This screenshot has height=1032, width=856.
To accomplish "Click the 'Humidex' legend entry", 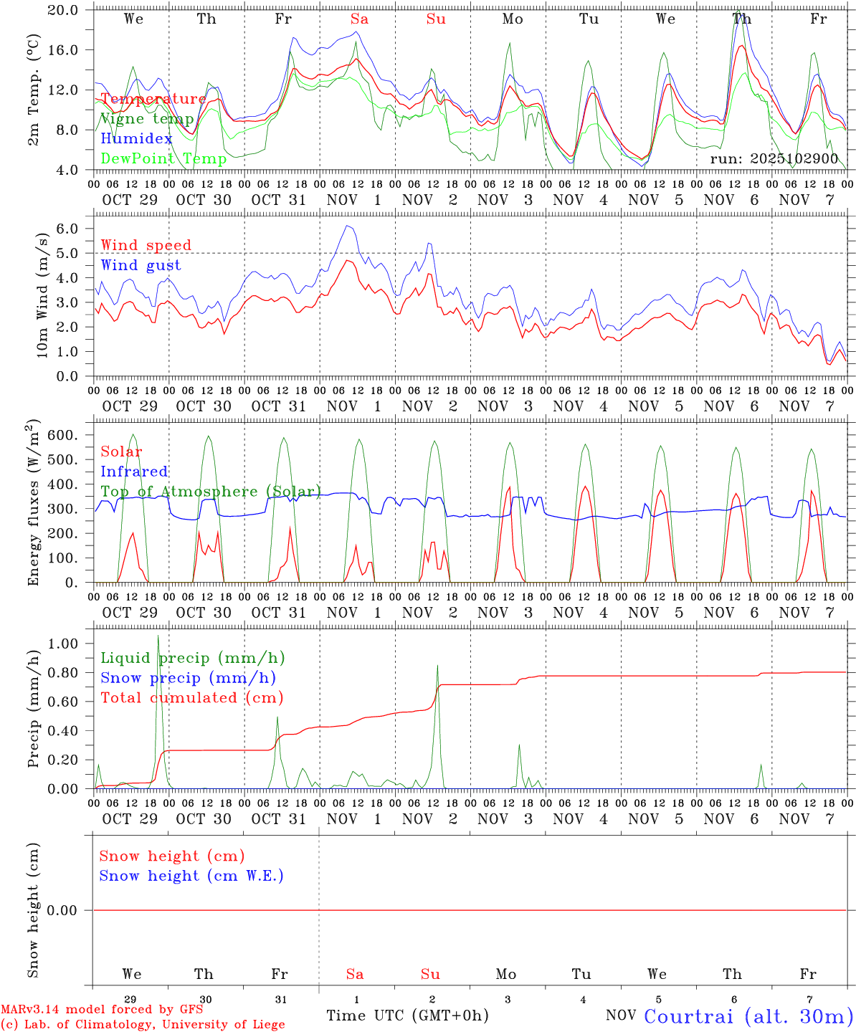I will pyautogui.click(x=136, y=139).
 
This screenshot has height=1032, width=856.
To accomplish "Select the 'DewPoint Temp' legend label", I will pyautogui.click(x=163, y=159).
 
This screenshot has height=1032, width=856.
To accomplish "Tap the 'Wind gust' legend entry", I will pyautogui.click(x=141, y=265).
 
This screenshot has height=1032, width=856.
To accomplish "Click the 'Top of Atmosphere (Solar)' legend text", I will pyautogui.click(x=211, y=492).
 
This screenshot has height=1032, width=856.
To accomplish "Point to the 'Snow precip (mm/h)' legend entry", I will pyautogui.click(x=188, y=678).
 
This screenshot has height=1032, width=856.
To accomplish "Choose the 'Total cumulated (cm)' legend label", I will pyautogui.click(x=191, y=698).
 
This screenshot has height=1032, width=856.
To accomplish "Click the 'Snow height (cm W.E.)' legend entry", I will pyautogui.click(x=191, y=876).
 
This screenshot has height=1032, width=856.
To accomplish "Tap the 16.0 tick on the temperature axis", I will pyautogui.click(x=72, y=50).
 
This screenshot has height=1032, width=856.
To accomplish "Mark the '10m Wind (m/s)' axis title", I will pyautogui.click(x=43, y=295).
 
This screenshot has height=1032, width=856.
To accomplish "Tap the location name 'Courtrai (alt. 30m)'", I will pyautogui.click(x=748, y=1016).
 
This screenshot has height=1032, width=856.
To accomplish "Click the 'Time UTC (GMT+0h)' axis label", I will pyautogui.click(x=407, y=1016).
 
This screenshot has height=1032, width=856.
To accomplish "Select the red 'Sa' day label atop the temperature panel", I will pyautogui.click(x=359, y=19).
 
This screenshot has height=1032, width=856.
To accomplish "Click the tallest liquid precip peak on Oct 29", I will pyautogui.click(x=158, y=636).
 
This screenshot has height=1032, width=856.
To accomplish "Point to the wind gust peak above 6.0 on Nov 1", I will pyautogui.click(x=347, y=226).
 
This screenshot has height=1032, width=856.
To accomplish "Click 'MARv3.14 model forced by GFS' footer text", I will pyautogui.click(x=102, y=1010).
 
